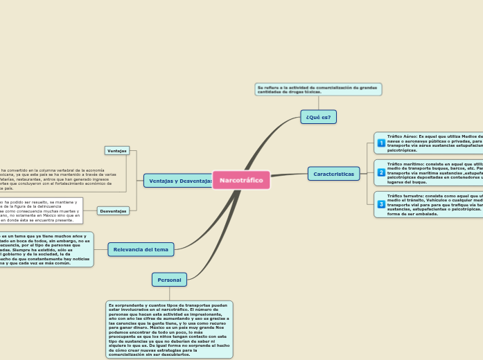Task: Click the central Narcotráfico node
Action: tap(241, 180)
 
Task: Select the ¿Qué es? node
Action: tap(318, 117)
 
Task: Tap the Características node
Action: tap(333, 174)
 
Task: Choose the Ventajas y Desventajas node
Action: tap(179, 181)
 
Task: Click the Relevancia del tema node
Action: tap(141, 249)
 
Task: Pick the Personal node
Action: tap(169, 280)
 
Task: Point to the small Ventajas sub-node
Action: tap(116, 150)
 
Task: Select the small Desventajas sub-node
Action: tap(113, 210)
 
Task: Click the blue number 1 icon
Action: tap(381, 143)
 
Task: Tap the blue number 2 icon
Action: tap(381, 172)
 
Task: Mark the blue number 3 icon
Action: tap(381, 204)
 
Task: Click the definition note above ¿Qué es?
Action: tap(318, 89)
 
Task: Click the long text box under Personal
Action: tap(169, 329)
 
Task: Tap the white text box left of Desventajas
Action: tap(40, 210)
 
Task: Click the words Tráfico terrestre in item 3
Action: tap(406, 196)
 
